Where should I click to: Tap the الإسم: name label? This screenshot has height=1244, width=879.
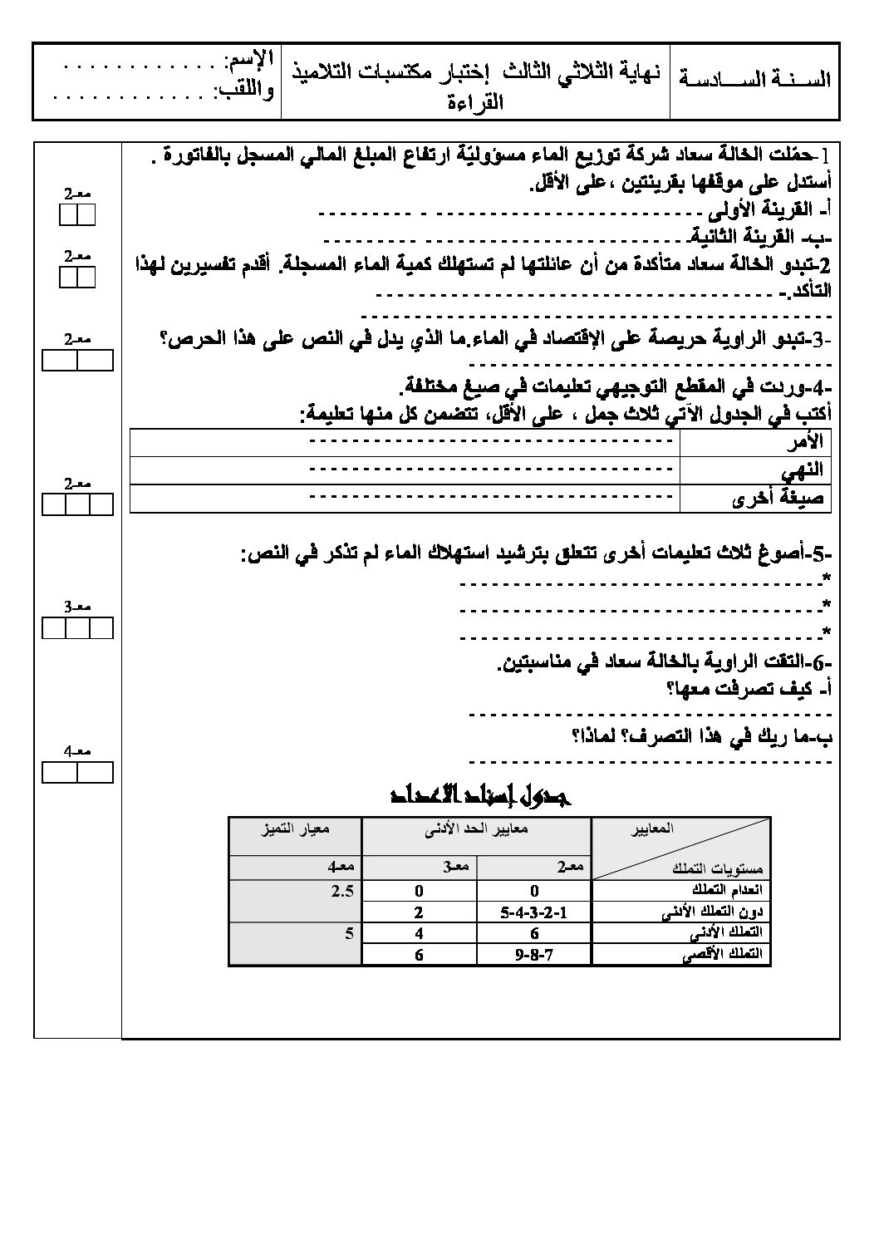248,61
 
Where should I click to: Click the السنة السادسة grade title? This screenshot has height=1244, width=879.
754,81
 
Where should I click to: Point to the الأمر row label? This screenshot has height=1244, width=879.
803,441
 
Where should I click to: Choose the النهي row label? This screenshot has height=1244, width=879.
802,470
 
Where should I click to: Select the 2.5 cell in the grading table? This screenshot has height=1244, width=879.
341,891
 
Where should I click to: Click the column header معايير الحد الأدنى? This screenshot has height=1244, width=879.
476,829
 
